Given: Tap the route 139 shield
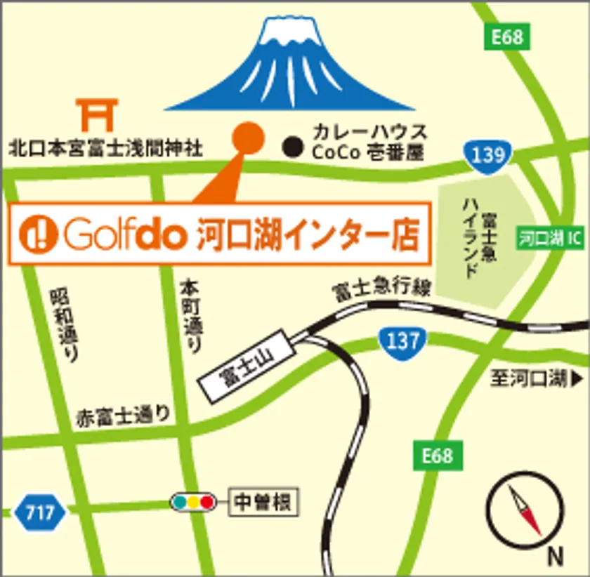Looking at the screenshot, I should (x=488, y=154).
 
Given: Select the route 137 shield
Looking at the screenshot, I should (x=402, y=343).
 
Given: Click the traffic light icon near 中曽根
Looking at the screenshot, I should (x=191, y=502).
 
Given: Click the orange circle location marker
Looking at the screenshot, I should (x=247, y=135).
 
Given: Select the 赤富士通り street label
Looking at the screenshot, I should (x=122, y=416).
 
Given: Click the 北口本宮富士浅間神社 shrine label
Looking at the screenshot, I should (x=105, y=148).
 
